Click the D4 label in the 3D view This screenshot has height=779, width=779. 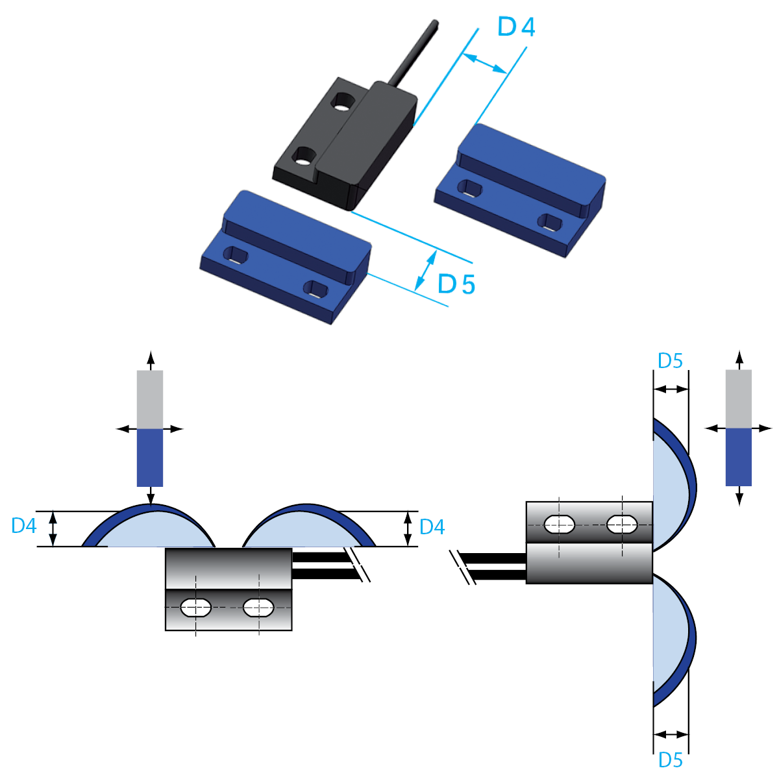(516, 27)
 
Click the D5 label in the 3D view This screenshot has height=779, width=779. (456, 284)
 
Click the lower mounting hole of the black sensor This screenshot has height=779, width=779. (303, 156)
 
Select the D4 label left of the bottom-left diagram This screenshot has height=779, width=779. (24, 526)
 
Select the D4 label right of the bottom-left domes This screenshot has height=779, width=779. (432, 527)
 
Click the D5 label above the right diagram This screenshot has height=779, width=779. (670, 361)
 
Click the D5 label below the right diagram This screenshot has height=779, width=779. (670, 760)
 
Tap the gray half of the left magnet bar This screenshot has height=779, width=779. (150, 399)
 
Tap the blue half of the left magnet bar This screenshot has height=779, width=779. (150, 458)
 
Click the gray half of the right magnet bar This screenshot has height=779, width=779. (738, 399)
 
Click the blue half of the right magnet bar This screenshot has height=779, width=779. (738, 457)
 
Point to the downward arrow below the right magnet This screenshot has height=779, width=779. (738, 498)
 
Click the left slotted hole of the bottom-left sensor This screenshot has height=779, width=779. (195, 608)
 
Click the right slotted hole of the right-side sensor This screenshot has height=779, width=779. (622, 524)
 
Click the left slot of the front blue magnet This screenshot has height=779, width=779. (234, 254)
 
